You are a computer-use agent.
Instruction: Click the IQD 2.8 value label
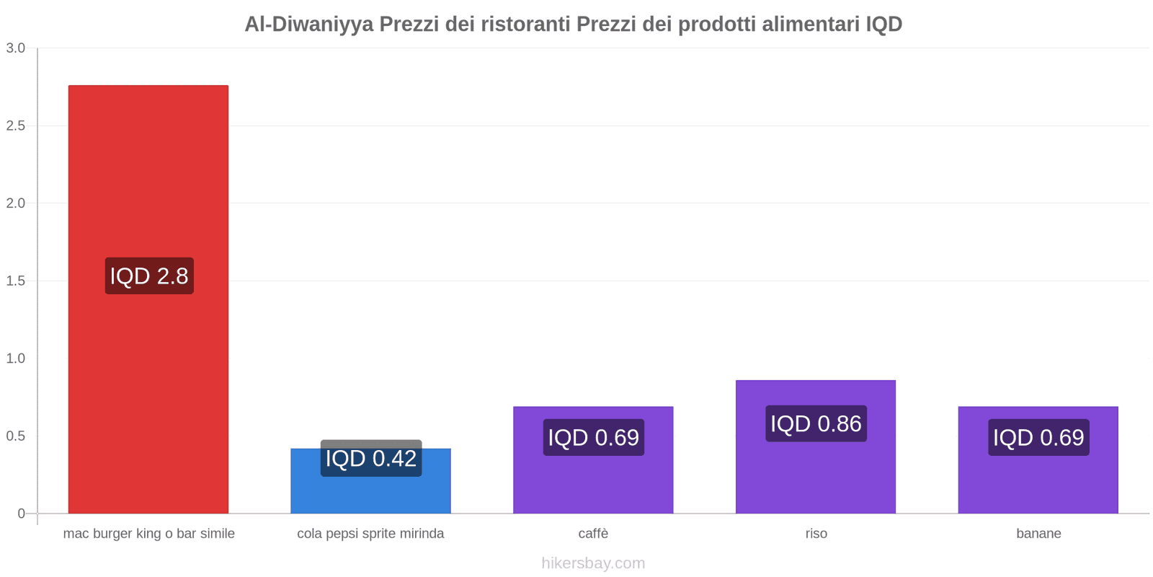[149, 276]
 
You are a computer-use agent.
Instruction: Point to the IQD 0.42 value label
[371, 459]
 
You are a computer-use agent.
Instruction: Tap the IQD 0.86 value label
[816, 423]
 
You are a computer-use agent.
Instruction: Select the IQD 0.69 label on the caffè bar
[593, 437]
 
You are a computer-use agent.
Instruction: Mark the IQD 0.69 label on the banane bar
[1038, 437]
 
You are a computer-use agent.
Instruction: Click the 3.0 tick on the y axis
[16, 48]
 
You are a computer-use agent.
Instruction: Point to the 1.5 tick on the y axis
[16, 281]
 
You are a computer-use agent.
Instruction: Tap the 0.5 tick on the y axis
[16, 436]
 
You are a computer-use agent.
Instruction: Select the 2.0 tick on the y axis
[16, 203]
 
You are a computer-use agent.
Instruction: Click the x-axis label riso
[816, 534]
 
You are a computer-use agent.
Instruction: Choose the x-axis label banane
[1038, 534]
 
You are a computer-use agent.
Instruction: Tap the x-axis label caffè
[593, 534]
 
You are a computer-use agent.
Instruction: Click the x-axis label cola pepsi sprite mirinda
[370, 534]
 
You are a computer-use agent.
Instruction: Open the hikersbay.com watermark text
[593, 563]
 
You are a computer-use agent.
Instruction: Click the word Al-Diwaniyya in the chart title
[308, 25]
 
